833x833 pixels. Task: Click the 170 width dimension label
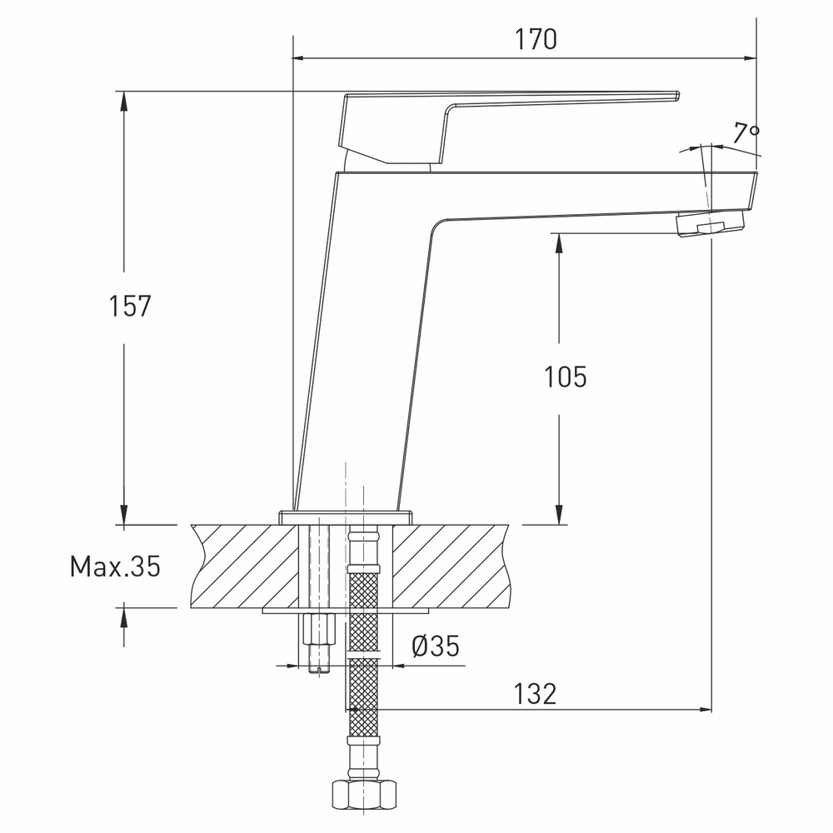(x=536, y=39)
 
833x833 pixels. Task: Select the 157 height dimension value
(x=130, y=306)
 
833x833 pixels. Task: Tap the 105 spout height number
(x=566, y=377)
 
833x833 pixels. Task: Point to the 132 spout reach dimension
(x=534, y=693)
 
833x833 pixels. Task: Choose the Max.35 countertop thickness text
(x=114, y=567)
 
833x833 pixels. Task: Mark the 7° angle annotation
(x=746, y=132)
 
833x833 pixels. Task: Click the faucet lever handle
(x=466, y=117)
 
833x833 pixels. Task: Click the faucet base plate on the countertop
(x=345, y=516)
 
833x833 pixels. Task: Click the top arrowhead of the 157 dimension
(x=124, y=99)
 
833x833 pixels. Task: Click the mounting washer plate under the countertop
(x=345, y=611)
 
